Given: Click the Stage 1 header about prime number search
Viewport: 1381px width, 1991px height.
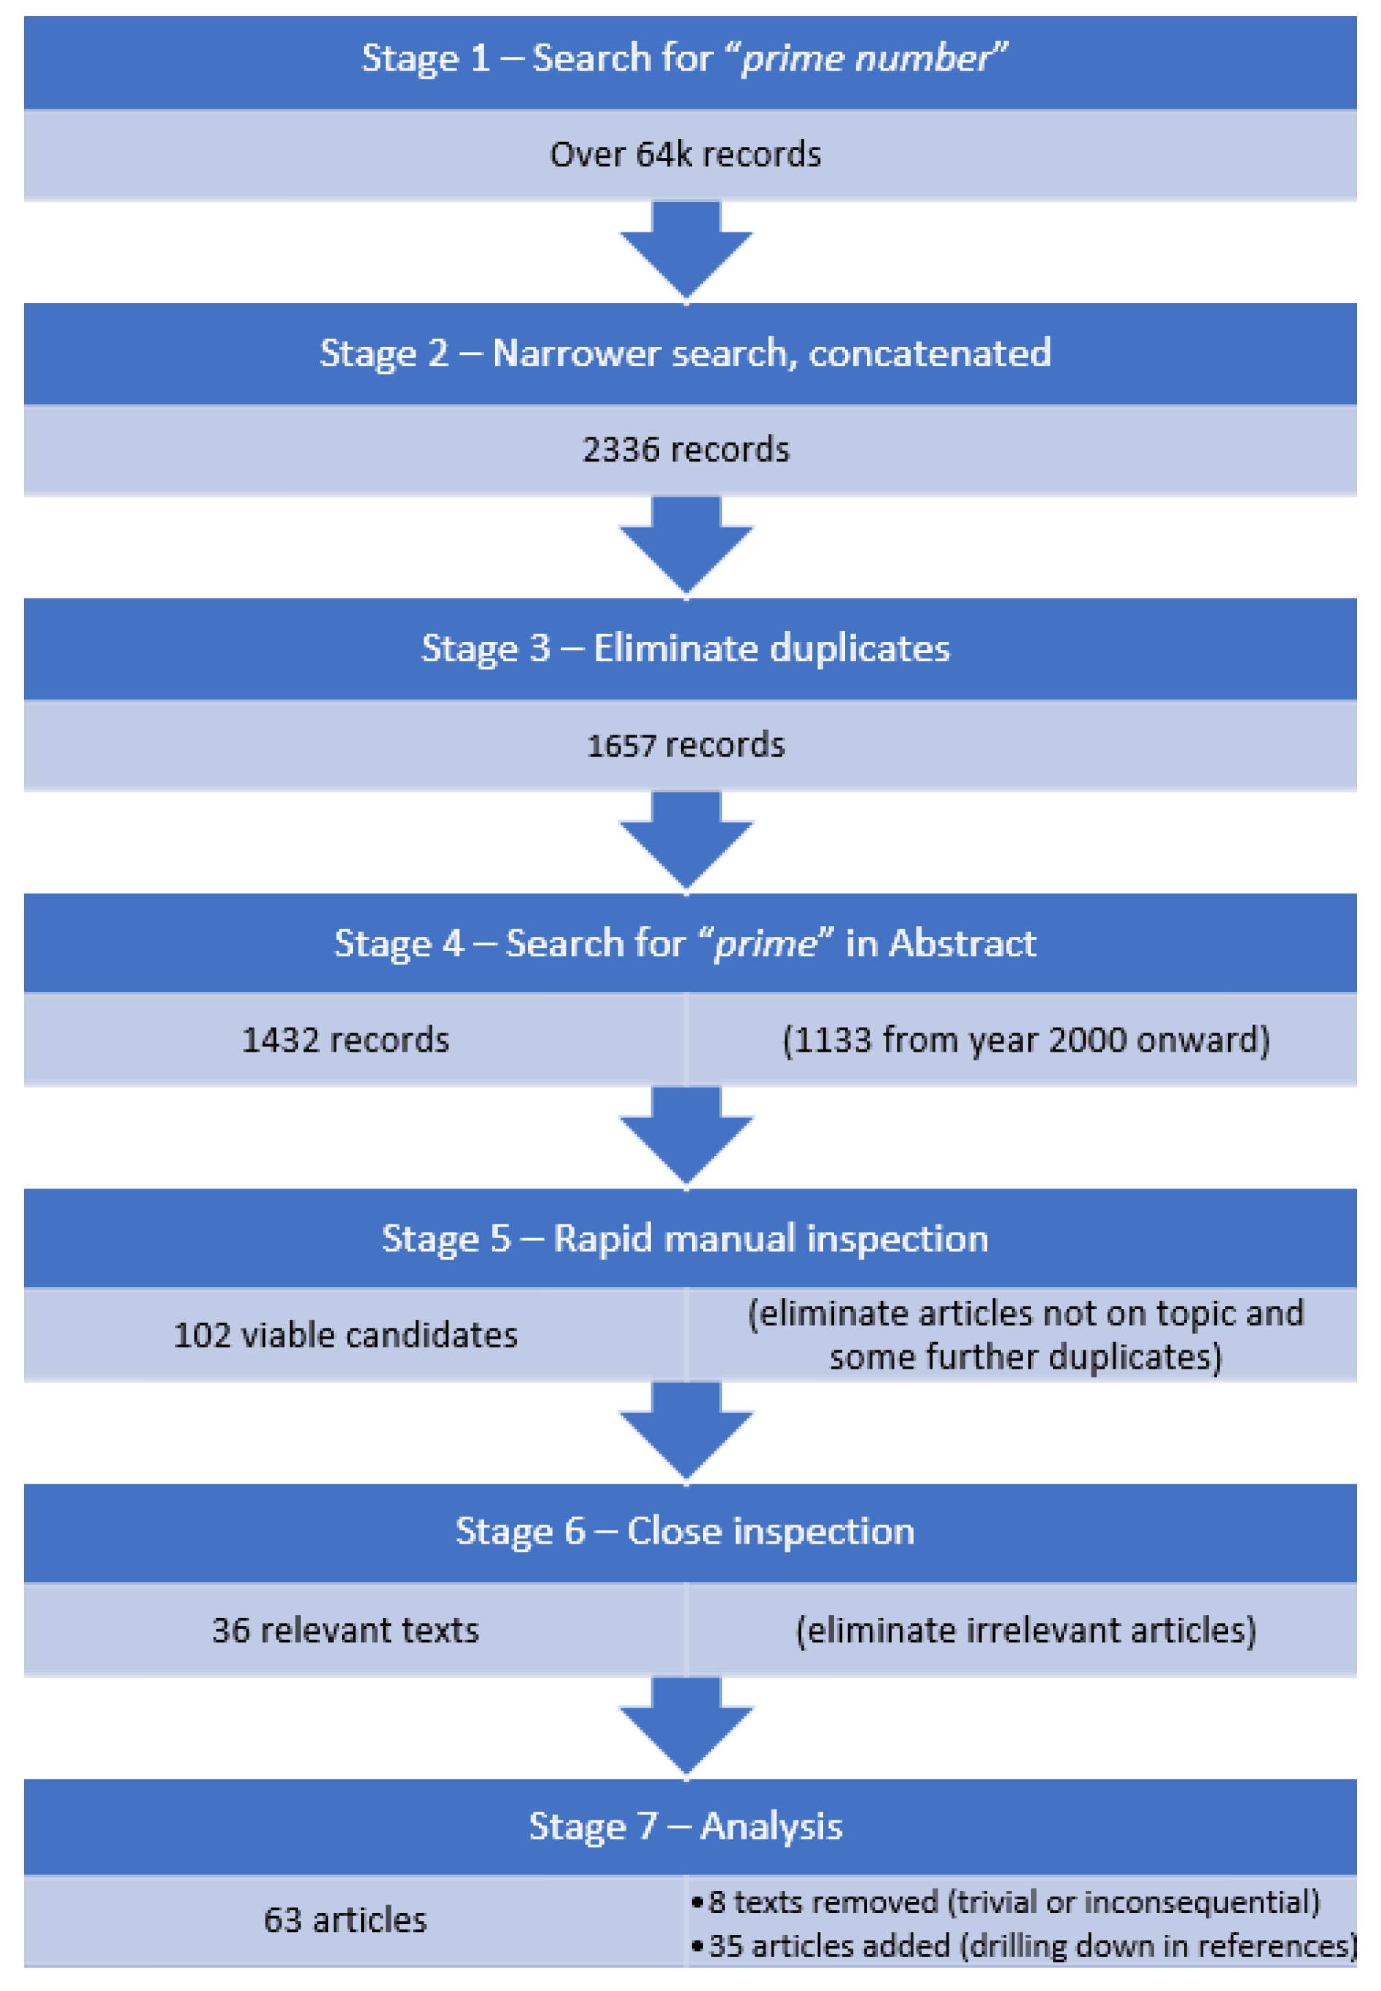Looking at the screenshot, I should coord(685,59).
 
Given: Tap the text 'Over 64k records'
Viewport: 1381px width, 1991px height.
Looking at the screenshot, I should coord(685,154).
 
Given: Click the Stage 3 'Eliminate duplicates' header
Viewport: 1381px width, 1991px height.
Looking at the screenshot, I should coord(685,649).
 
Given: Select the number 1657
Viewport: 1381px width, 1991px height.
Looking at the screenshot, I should coord(621,746).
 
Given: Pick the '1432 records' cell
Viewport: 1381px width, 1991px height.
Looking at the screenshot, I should coord(346,1041).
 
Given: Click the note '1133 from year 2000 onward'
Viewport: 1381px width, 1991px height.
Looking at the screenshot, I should coord(1025,1041).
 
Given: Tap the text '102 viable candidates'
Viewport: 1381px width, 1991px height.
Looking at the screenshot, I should coord(346,1335).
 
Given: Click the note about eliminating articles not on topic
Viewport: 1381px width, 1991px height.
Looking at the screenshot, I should coord(1025,1335).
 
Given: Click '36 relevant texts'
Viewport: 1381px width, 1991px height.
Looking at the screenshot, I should coord(346,1630).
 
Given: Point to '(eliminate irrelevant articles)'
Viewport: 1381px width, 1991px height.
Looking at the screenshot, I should coord(1025,1630).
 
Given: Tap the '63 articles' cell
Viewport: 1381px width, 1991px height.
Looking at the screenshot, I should coord(346,1920).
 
